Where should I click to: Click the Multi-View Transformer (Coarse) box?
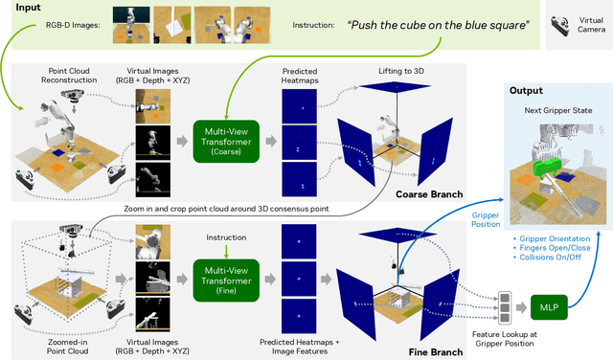(226, 142)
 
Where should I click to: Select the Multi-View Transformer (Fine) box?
(226, 281)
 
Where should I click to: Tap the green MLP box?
(549, 307)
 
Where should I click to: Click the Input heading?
(28, 8)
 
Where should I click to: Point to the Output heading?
(526, 91)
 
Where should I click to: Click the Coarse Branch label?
(429, 194)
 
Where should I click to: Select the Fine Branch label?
(436, 352)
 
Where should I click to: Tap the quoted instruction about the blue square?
(439, 26)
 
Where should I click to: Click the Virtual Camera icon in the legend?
(559, 26)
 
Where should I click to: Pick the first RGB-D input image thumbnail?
(131, 25)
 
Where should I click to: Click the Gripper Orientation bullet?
(552, 238)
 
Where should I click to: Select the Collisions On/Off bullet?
(547, 258)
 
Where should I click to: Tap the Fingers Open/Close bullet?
(552, 248)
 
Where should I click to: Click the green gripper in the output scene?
(546, 167)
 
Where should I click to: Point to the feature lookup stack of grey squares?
(505, 307)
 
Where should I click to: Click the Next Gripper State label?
(557, 110)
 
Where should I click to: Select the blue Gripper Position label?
(486, 219)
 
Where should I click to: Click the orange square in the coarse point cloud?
(57, 168)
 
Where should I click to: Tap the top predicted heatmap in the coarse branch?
(300, 106)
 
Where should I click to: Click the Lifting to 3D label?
(401, 71)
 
